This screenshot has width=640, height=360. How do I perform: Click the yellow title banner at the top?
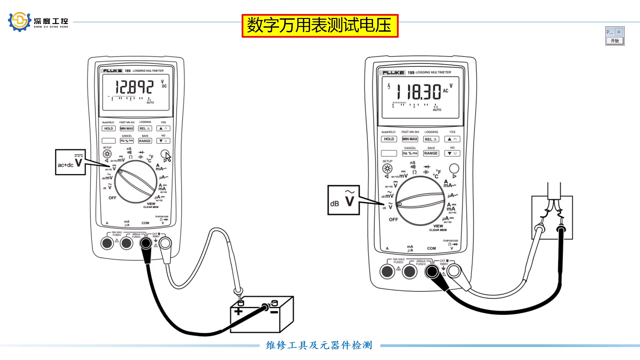[320, 26]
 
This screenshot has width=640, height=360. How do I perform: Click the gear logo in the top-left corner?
[19, 22]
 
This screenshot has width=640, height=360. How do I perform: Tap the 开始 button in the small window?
[615, 41]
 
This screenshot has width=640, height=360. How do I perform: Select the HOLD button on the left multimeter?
[108, 128]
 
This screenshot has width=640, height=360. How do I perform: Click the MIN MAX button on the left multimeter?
[127, 128]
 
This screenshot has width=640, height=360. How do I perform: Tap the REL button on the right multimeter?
[431, 139]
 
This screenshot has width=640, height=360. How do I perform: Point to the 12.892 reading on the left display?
[134, 87]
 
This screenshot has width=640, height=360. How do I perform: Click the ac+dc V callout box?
[70, 162]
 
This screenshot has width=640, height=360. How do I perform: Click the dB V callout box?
[343, 200]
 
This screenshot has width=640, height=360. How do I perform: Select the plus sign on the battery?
[238, 312]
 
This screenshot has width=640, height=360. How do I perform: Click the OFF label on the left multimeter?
[112, 198]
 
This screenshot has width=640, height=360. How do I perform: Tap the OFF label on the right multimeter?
[393, 220]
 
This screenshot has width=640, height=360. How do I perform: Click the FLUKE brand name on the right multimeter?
[393, 73]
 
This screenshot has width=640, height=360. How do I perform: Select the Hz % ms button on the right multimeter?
[410, 153]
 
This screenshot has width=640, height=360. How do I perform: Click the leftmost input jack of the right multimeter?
[387, 271]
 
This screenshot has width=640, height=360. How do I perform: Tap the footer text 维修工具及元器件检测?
[319, 345]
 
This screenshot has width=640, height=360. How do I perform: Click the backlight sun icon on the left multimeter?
[107, 154]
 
